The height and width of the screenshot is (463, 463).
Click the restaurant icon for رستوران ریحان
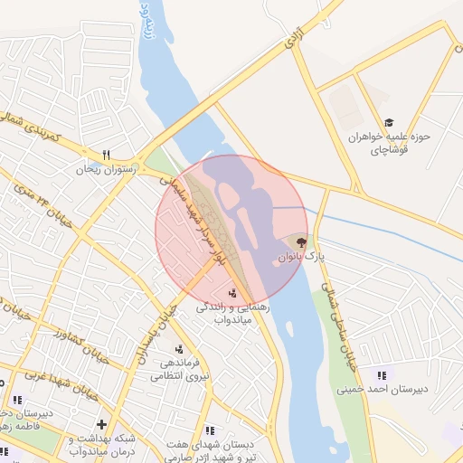click(x=106, y=154)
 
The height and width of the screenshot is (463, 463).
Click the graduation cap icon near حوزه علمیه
click(x=389, y=122)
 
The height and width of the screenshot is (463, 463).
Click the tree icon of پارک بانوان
click(x=300, y=241)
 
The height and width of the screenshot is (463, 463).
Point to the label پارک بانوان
click(x=300, y=258)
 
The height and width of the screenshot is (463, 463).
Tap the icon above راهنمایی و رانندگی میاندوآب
click(x=234, y=292)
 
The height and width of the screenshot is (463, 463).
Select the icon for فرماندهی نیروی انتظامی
click(x=179, y=349)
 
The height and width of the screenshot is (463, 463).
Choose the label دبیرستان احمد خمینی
click(x=381, y=391)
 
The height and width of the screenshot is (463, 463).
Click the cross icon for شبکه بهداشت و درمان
click(x=101, y=423)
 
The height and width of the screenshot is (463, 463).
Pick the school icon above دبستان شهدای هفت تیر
click(x=210, y=430)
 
